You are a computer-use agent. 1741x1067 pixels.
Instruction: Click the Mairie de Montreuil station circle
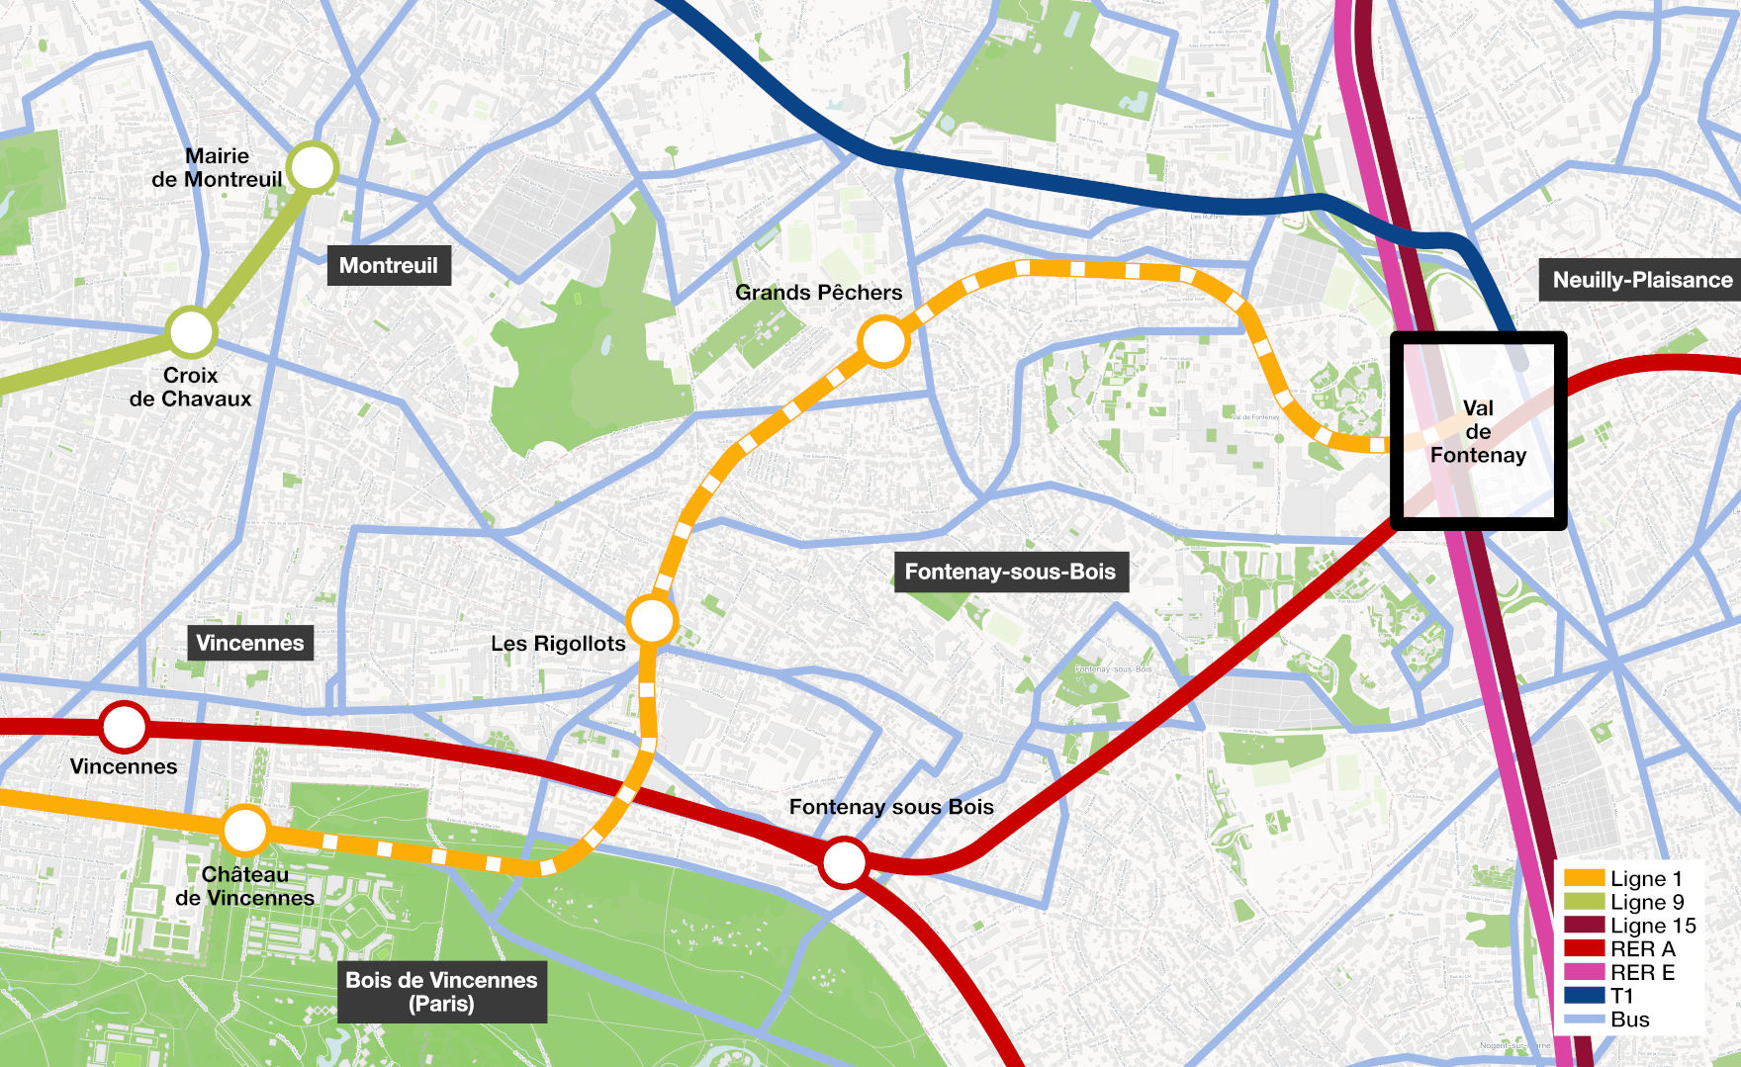[313, 168]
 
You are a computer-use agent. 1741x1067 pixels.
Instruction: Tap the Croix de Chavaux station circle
[191, 332]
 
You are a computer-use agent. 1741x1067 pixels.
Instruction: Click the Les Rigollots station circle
[651, 621]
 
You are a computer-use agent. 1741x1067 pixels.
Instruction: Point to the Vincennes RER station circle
[124, 727]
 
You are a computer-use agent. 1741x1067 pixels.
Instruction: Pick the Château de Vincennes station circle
[244, 830]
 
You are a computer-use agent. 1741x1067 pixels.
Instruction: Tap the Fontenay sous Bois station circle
[844, 862]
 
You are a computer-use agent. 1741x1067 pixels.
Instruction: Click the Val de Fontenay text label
[1478, 431]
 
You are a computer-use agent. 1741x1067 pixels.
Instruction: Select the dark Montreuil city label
[389, 265]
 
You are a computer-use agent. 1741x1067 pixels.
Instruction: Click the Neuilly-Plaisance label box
[1641, 280]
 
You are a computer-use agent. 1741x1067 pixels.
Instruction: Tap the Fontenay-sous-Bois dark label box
[1010, 572]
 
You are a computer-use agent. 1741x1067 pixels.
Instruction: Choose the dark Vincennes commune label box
[250, 643]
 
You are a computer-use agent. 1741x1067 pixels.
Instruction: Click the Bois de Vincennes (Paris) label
[441, 991]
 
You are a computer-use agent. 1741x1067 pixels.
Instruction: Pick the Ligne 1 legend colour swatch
[1584, 878]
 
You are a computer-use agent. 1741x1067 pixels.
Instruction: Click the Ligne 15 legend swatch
[1584, 926]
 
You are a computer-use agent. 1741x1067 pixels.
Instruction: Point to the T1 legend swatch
[1584, 996]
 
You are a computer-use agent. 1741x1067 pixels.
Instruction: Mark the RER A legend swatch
[1584, 949]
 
